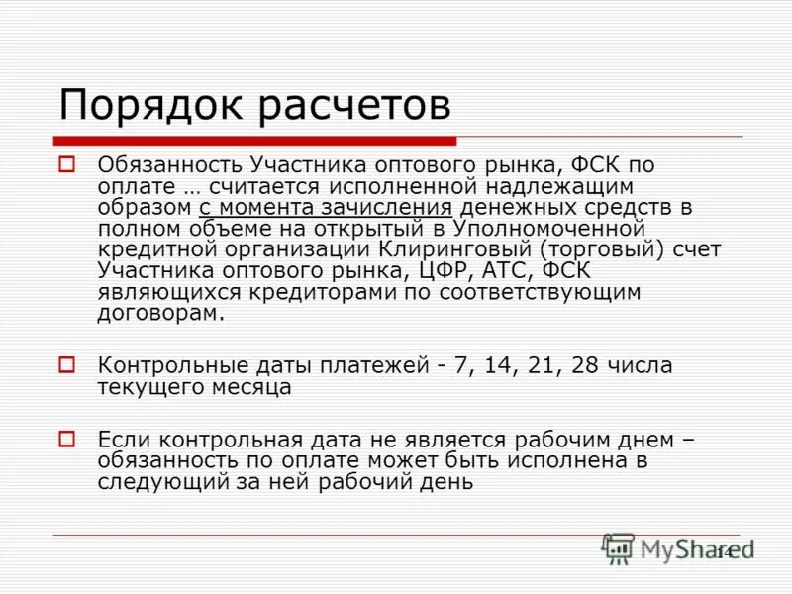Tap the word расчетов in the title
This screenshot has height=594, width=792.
pyautogui.click(x=355, y=105)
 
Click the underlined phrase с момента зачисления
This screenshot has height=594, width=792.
pyautogui.click(x=325, y=208)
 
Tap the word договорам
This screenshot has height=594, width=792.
pyautogui.click(x=161, y=314)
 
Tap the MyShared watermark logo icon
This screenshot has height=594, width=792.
pyautogui.click(x=618, y=549)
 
